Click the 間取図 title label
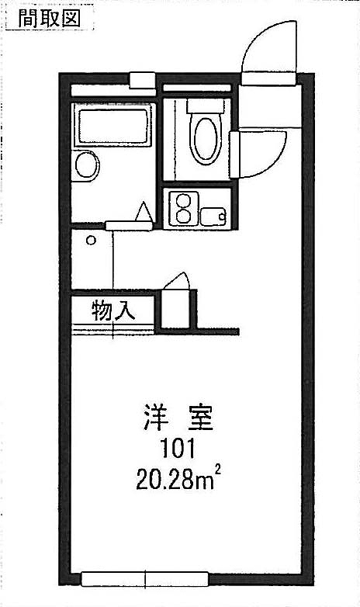[x=49, y=19]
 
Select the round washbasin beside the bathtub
[x=86, y=165]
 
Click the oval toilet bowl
[x=205, y=139]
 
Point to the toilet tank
[x=205, y=106]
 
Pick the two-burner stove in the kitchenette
[x=182, y=208]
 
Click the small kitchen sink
[x=213, y=217]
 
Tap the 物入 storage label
[x=113, y=310]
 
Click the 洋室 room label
[x=178, y=418]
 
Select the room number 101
[x=178, y=449]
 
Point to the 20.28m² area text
[x=178, y=479]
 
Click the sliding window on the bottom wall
[x=145, y=580]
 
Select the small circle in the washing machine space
[x=91, y=241]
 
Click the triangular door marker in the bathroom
[x=145, y=212]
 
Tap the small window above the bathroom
[x=142, y=81]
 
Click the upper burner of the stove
[x=182, y=200]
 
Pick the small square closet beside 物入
[x=175, y=308]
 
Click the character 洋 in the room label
[x=156, y=418]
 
